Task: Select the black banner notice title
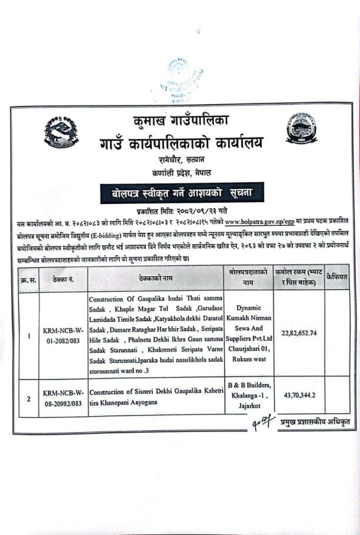(x=179, y=193)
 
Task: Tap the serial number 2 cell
(x=28, y=398)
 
